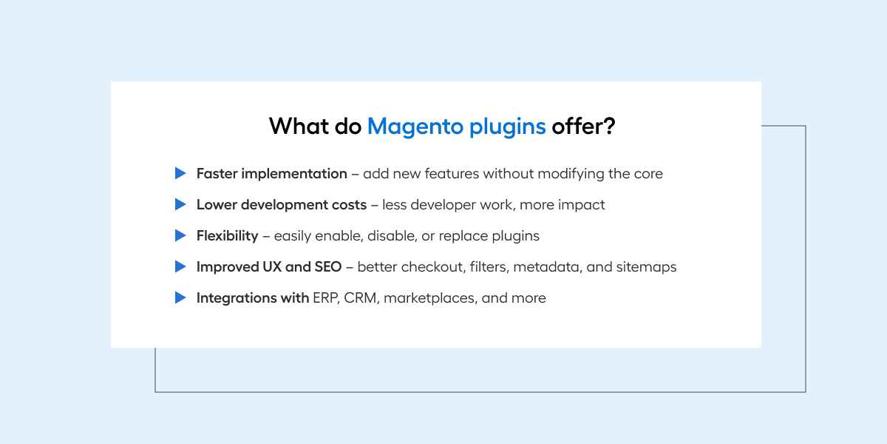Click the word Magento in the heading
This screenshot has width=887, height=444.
[x=415, y=127]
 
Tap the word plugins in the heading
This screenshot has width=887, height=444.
[x=508, y=127]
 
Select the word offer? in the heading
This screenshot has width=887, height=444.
[x=584, y=126]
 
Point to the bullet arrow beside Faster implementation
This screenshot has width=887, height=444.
[x=180, y=173]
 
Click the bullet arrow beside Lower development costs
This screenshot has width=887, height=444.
[x=180, y=204]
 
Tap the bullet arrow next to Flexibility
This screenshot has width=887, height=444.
[x=180, y=235]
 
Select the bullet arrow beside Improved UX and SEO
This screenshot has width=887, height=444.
[x=180, y=266]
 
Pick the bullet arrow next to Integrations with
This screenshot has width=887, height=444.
[x=180, y=297]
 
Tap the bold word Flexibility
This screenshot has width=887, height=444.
[x=228, y=236]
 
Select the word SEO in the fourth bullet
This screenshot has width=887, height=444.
[x=328, y=267]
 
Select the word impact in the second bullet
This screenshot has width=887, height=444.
[x=581, y=205]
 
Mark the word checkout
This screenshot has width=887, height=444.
[x=432, y=267]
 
